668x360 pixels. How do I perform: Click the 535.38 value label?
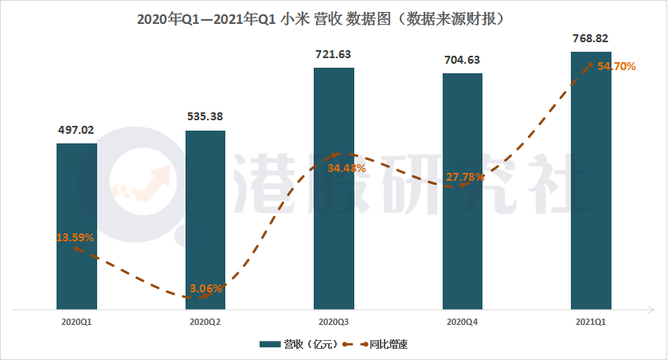205,117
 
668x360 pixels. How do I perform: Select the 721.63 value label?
334,54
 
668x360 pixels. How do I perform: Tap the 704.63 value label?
463,60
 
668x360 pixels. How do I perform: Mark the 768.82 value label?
591,38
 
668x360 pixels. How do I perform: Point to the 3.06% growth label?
206,288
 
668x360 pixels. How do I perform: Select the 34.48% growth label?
346,168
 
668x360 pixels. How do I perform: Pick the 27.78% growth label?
465,177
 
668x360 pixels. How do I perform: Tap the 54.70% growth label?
615,67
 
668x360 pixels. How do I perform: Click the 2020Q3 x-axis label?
334,323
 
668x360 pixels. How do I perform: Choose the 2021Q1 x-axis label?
591,323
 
